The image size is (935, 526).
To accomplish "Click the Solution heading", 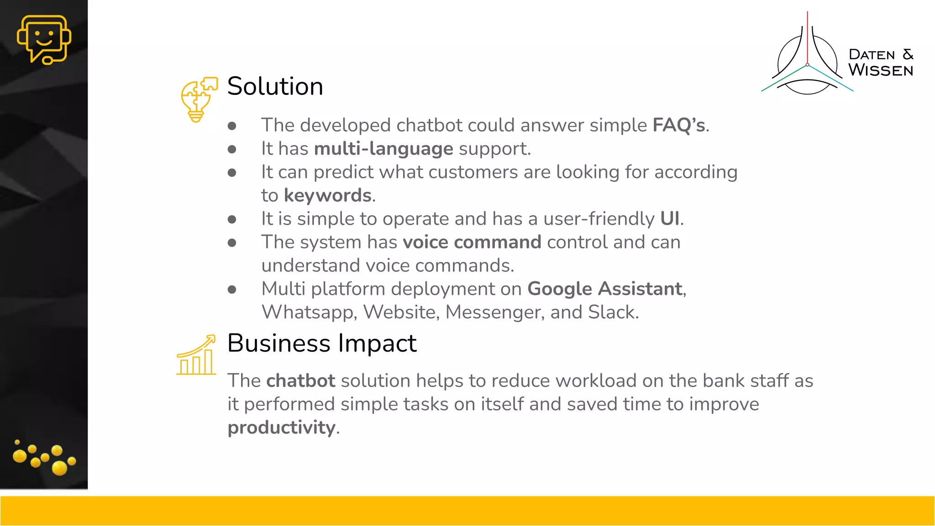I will [275, 86].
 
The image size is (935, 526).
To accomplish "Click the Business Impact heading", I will [321, 343].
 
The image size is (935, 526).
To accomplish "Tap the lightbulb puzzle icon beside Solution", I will [198, 100].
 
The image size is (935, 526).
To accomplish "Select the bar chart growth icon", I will [196, 355].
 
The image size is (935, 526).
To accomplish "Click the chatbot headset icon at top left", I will [44, 39].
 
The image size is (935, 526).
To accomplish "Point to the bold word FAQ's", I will [679, 125].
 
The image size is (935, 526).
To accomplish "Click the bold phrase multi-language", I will [383, 149].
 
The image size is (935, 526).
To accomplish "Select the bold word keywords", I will [327, 195].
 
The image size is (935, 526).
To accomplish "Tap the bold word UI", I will [669, 219].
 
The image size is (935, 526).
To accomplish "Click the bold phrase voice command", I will [472, 242].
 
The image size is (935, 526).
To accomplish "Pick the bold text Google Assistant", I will [604, 289].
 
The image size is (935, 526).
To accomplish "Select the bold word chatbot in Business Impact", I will [300, 381].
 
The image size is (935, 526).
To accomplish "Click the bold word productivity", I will [281, 428].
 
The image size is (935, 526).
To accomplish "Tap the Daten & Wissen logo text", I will [880, 63].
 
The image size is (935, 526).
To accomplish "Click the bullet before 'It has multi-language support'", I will [232, 149].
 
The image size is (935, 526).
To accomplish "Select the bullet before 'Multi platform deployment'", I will [232, 289].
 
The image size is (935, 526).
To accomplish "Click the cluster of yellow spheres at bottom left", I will [44, 458].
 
